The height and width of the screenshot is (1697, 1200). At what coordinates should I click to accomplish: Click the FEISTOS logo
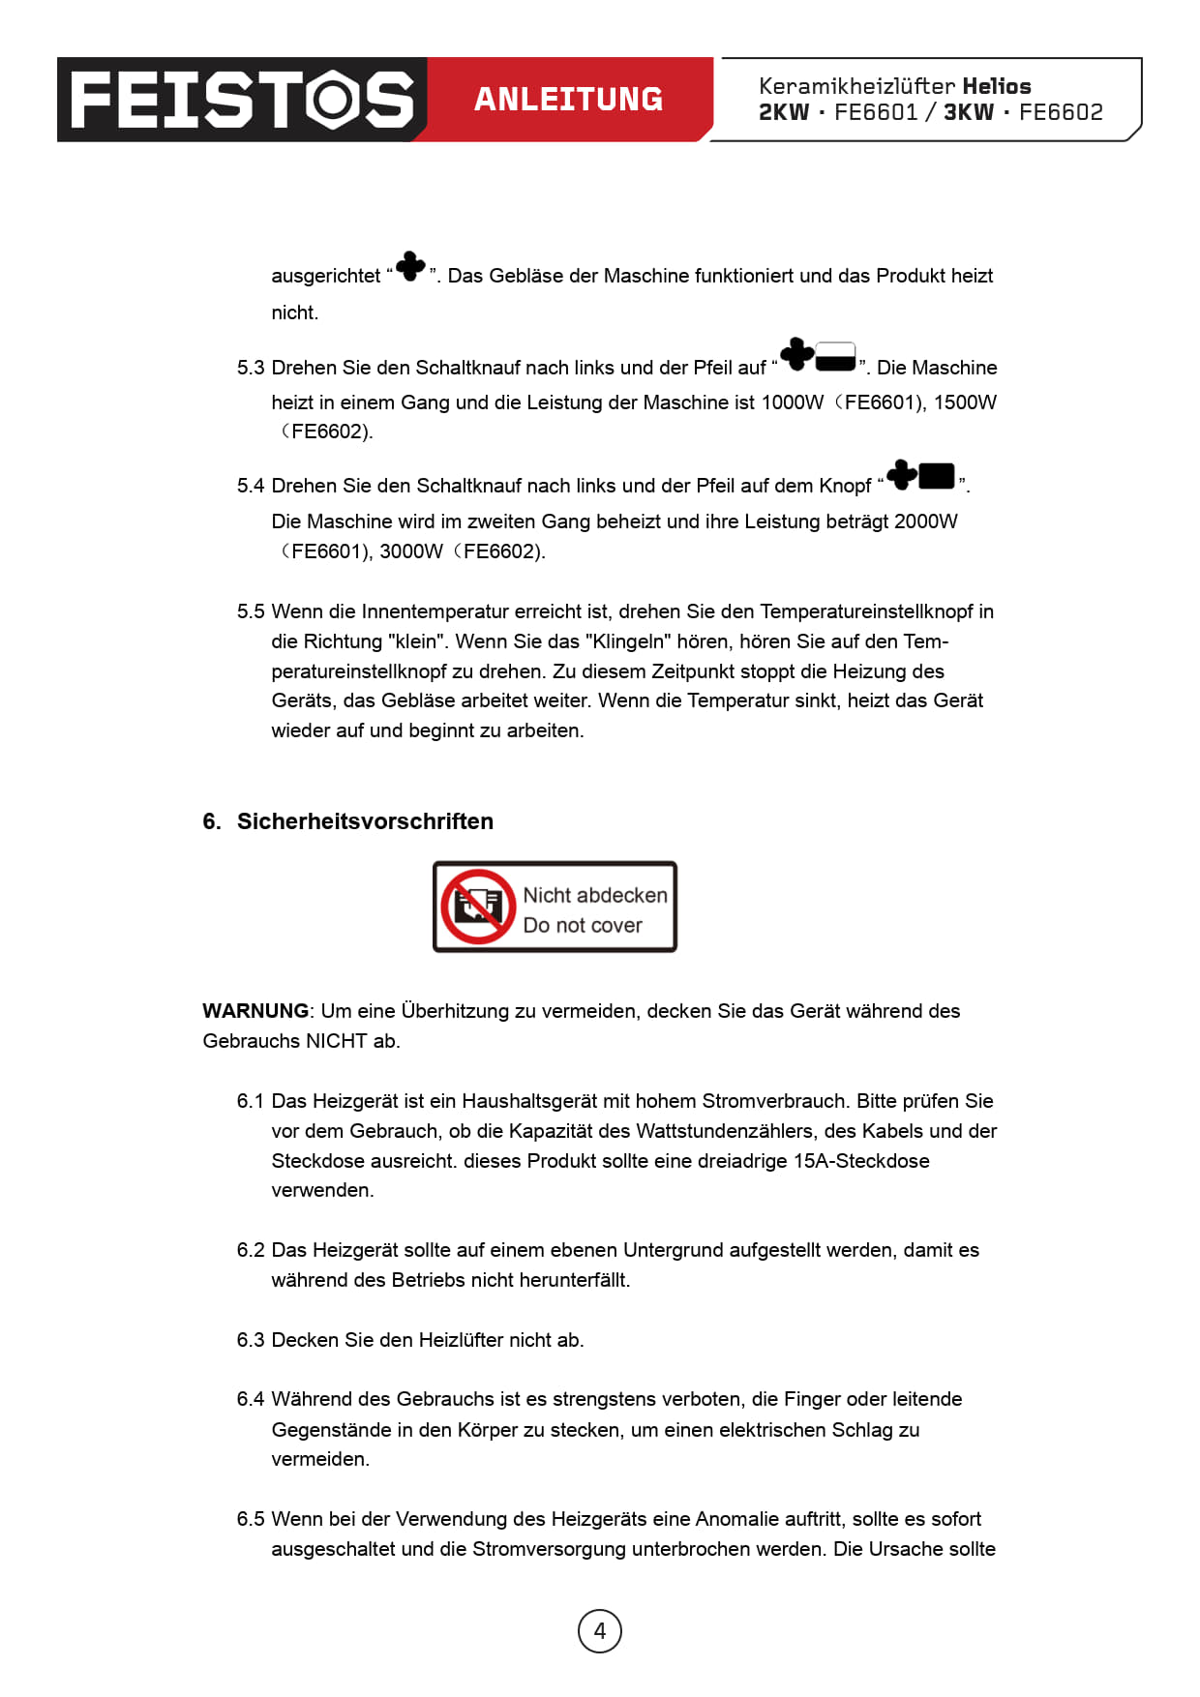[x=242, y=100]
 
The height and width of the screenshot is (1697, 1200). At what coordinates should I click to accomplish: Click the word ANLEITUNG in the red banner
[x=568, y=100]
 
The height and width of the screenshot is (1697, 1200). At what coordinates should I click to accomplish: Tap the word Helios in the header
[x=996, y=86]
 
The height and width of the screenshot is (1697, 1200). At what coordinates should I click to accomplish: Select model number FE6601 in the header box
[x=876, y=112]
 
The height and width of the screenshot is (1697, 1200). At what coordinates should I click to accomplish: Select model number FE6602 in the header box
[x=1061, y=112]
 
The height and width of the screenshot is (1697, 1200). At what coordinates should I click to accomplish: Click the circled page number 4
[x=600, y=1631]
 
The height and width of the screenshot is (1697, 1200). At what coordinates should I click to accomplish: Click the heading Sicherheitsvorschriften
[x=365, y=821]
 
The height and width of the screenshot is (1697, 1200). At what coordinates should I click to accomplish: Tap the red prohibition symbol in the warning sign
[x=478, y=907]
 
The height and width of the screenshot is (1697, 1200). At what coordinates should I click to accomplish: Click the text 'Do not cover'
[x=583, y=926]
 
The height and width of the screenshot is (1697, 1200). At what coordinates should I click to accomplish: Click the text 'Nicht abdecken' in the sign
[x=595, y=896]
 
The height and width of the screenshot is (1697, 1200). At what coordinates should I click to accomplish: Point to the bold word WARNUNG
[x=255, y=1011]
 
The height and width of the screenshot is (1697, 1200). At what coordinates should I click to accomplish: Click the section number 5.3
[x=251, y=369]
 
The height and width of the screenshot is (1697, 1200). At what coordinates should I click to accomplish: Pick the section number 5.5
[x=251, y=612]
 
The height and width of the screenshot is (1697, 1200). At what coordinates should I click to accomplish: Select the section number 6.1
[x=251, y=1102]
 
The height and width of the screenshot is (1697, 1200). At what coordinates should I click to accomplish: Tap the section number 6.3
[x=251, y=1341]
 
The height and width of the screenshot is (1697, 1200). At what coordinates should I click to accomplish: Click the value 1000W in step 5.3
[x=793, y=403]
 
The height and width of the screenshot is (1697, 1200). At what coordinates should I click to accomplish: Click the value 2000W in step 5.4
[x=926, y=522]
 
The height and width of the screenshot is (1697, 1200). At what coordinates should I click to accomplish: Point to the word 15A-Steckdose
[x=861, y=1161]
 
